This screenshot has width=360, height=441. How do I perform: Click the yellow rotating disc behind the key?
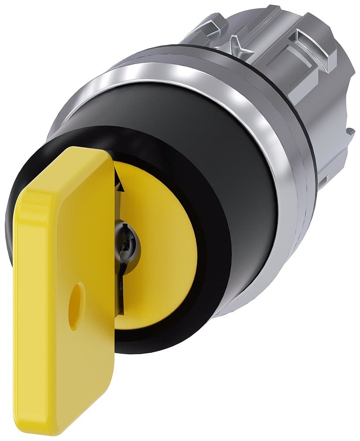click(154, 247)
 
